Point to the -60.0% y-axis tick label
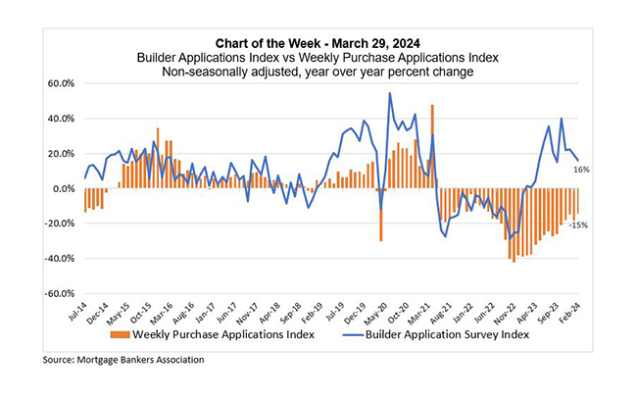[x=61, y=294]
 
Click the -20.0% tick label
[x=61, y=224]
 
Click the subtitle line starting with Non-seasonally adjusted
[x=318, y=71]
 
